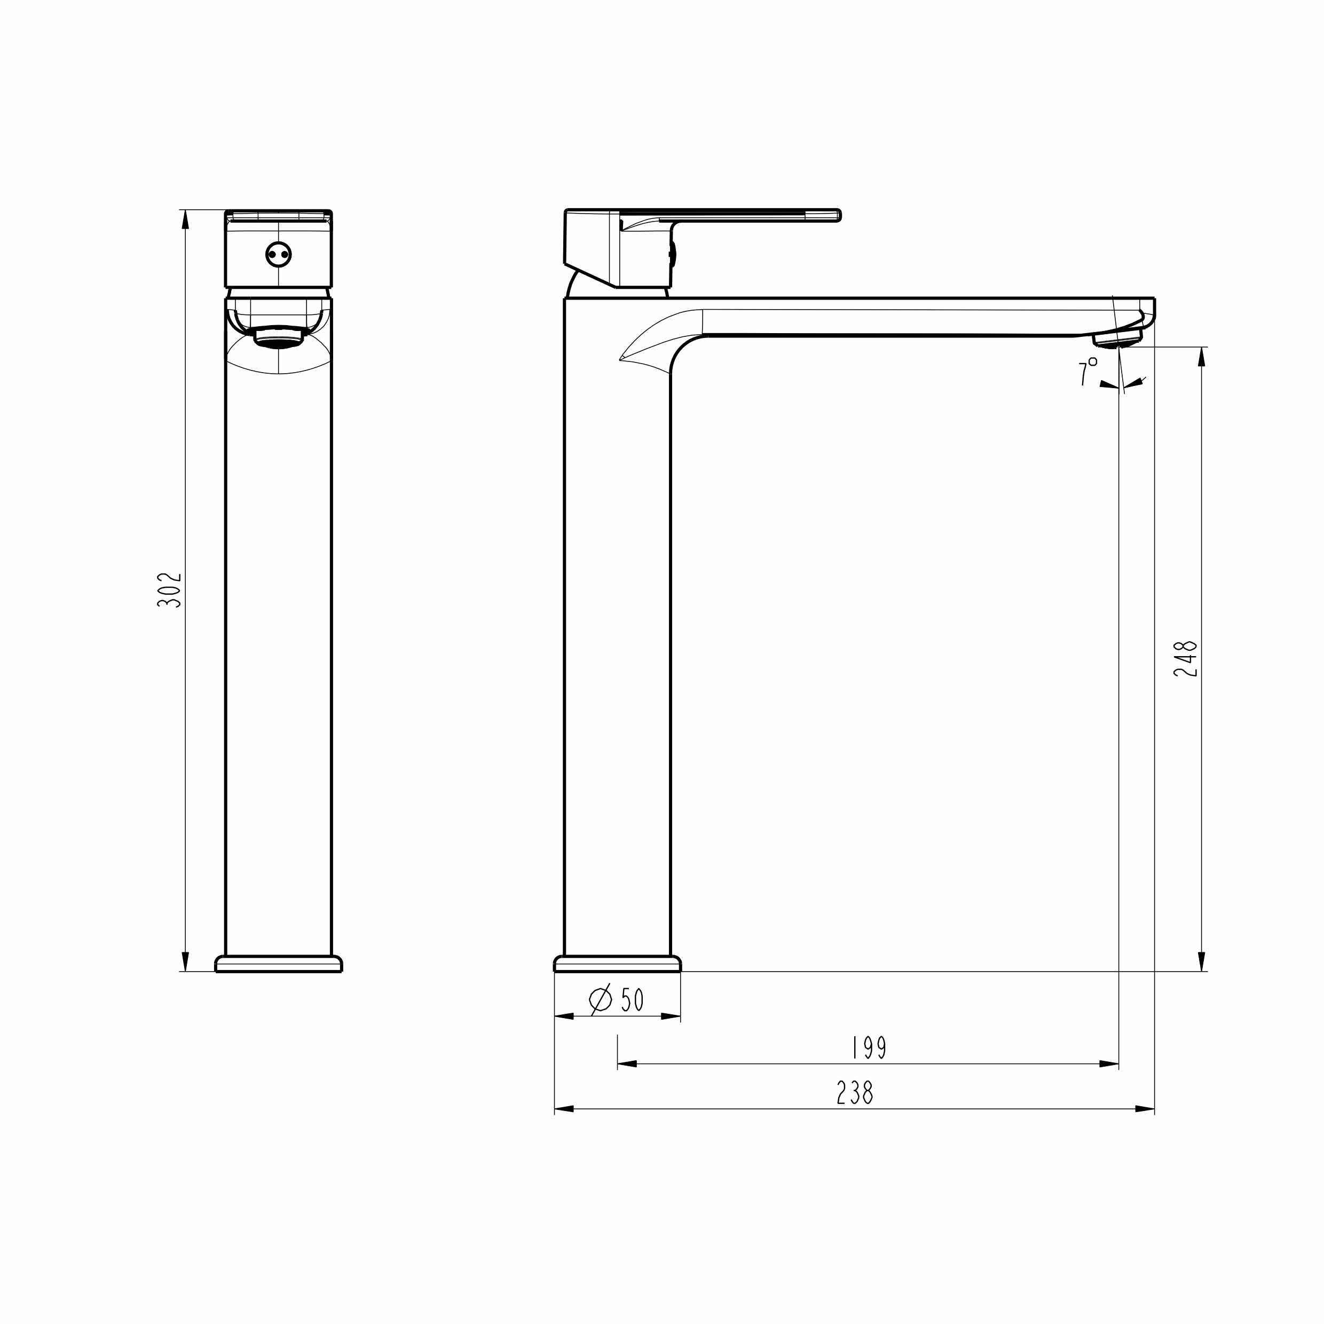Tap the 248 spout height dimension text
pos(1185,659)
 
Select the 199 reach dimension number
pos(869,1048)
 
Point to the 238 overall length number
pos(855,1093)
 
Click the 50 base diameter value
pos(632,1000)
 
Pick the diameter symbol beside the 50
pos(600,1000)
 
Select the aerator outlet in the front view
pos(278,336)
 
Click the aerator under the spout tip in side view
pos(1117,338)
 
